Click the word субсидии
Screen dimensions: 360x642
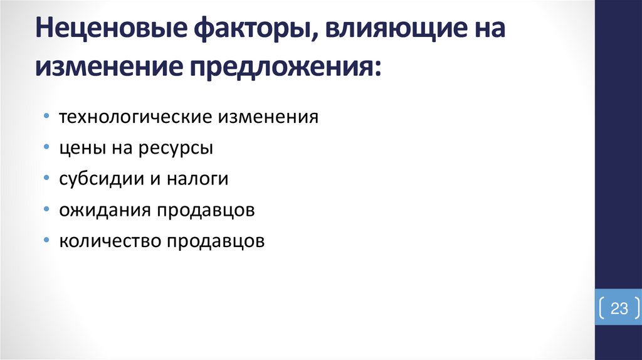95,179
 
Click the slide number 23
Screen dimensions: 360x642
619,309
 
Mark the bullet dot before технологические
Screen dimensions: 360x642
48,118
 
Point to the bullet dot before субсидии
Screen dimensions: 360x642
48,179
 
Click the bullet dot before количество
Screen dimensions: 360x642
48,241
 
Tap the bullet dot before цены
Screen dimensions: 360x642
48,149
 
